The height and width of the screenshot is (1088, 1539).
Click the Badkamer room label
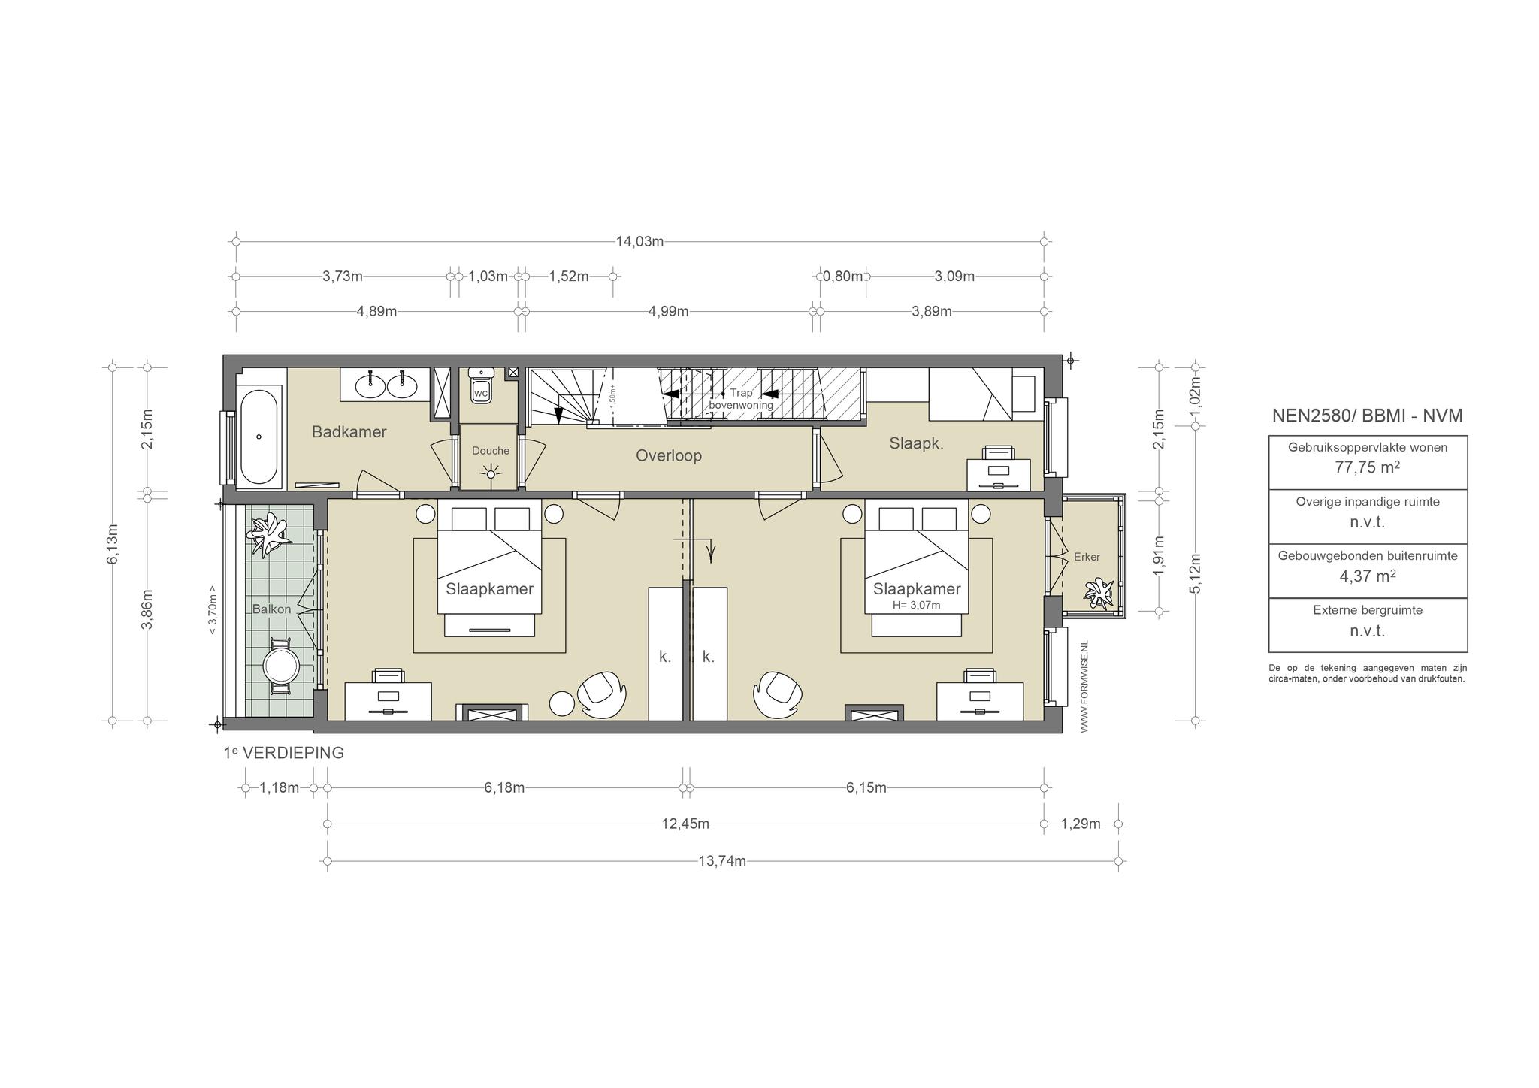pyautogui.click(x=349, y=432)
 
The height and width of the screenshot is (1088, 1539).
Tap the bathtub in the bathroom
pyautogui.click(x=259, y=437)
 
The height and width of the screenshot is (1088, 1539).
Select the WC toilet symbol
pyautogui.click(x=480, y=386)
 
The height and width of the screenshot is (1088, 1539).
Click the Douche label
pyautogui.click(x=491, y=451)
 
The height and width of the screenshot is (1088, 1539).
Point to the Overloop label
pyautogui.click(x=669, y=455)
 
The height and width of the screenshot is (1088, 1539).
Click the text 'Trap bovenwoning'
pyautogui.click(x=741, y=399)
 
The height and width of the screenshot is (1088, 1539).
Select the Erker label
pyautogui.click(x=1087, y=557)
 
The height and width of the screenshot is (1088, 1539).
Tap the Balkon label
pyautogui.click(x=271, y=609)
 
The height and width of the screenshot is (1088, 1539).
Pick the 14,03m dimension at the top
pyautogui.click(x=639, y=242)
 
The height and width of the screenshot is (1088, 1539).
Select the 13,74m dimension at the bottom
pyautogui.click(x=722, y=861)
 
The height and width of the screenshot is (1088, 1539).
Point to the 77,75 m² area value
pyautogui.click(x=1368, y=467)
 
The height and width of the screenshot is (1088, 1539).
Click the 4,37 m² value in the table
pyautogui.click(x=1368, y=576)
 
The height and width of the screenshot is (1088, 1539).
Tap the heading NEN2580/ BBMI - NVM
pyautogui.click(x=1368, y=416)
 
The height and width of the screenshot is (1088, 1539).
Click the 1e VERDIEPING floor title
pyautogui.click(x=283, y=753)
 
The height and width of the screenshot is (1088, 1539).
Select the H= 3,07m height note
pyautogui.click(x=917, y=605)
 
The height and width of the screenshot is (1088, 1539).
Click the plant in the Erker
pyautogui.click(x=1099, y=593)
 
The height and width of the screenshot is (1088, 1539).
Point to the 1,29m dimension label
pyautogui.click(x=1081, y=824)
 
